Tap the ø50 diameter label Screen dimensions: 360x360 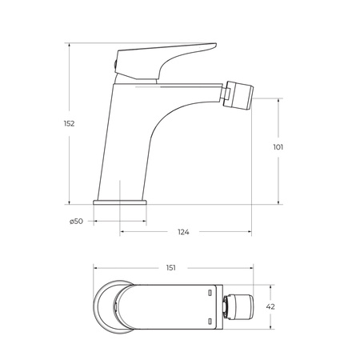pyautogui.click(x=77, y=221)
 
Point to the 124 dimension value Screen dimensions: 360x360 pyautogui.click(x=182, y=232)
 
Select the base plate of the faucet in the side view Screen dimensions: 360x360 pyautogui.click(x=122, y=203)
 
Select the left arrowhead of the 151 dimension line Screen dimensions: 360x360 pyautogui.click(x=94, y=268)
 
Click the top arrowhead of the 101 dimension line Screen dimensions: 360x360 pyautogui.click(x=279, y=101)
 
